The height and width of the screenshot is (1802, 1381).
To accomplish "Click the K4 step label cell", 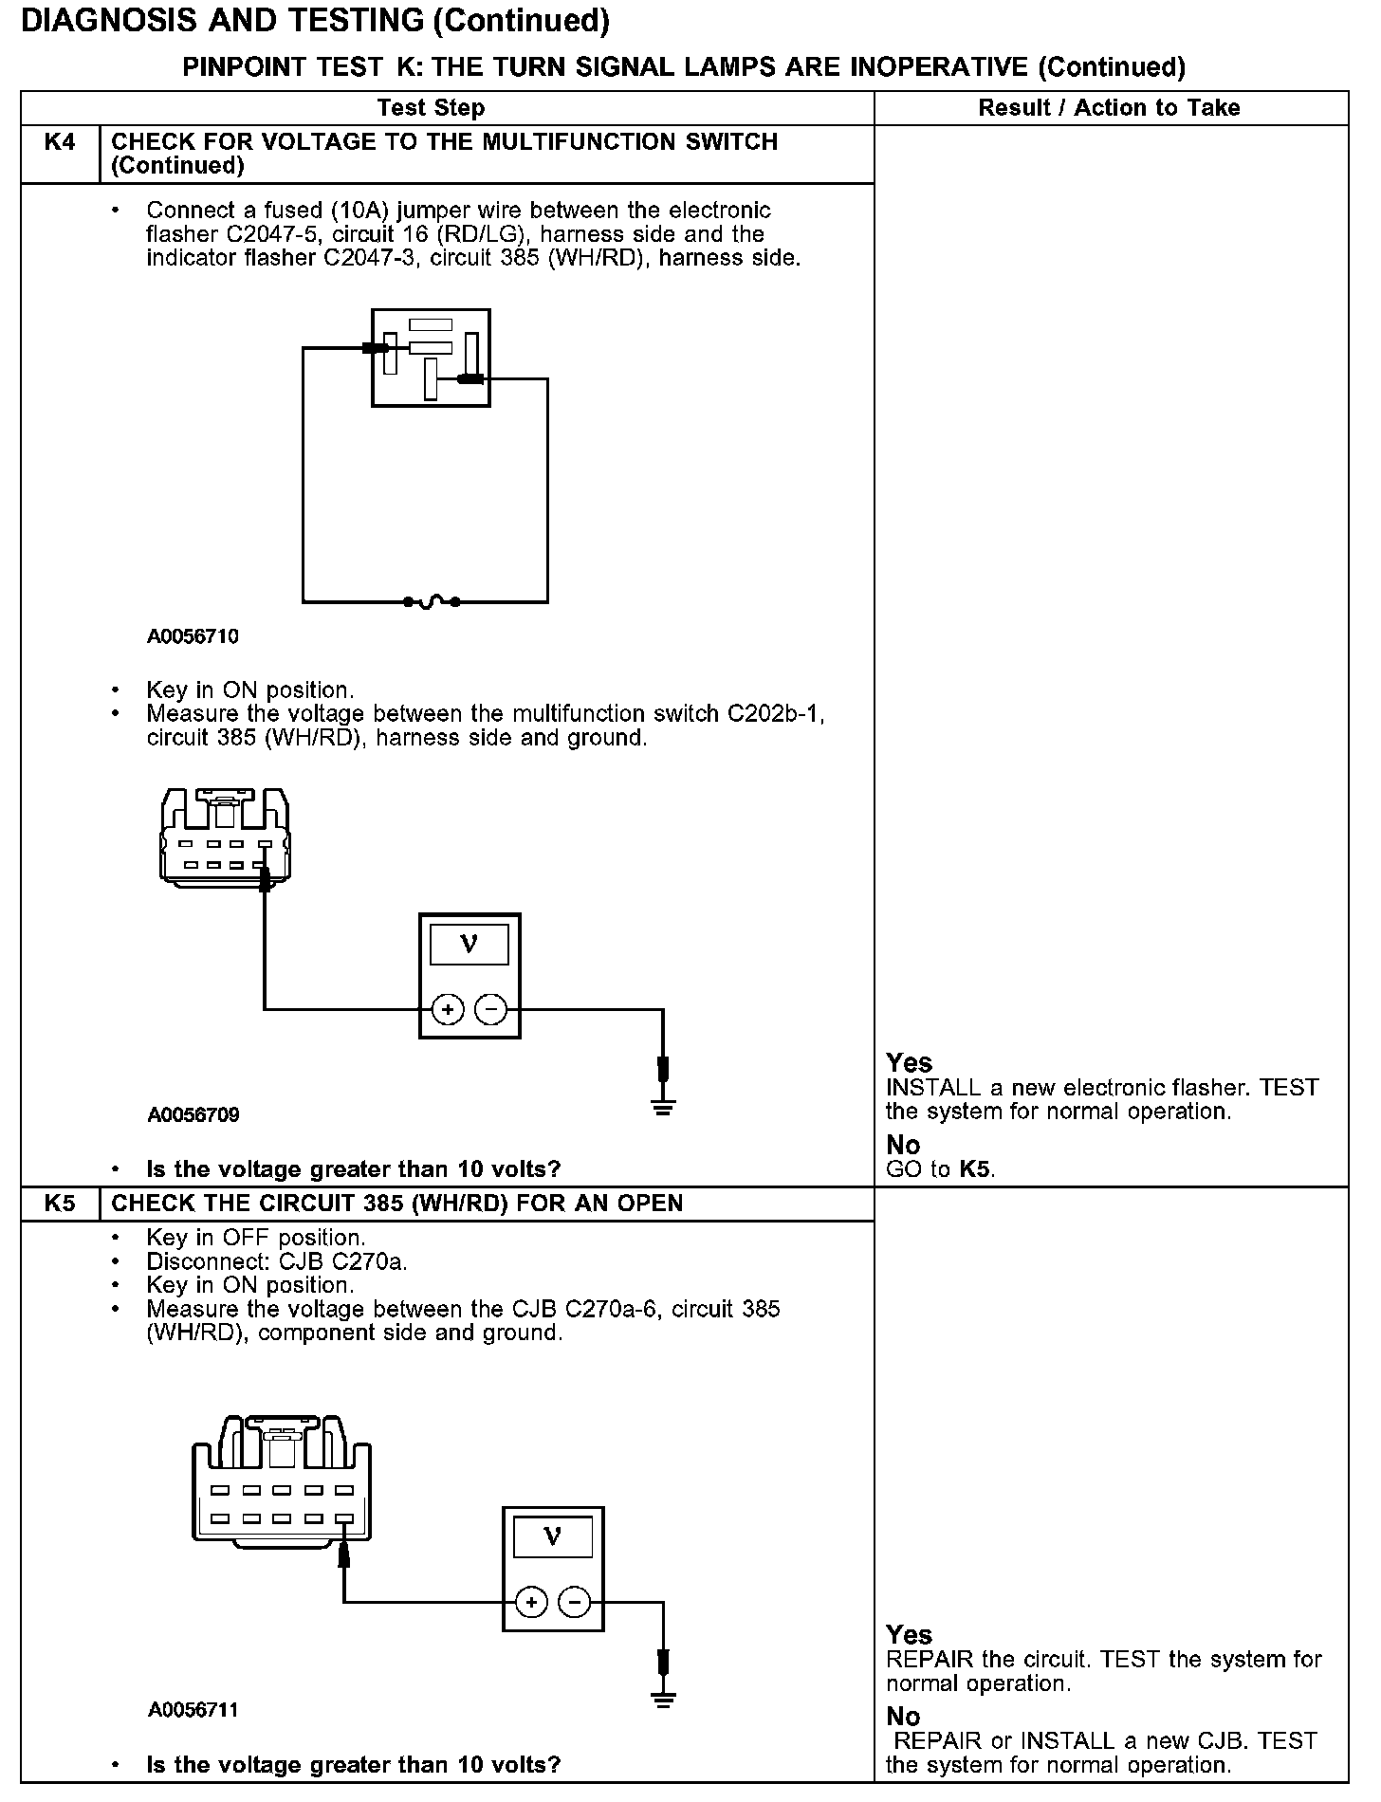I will tap(60, 143).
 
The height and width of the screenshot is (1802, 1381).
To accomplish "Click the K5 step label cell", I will tap(60, 1204).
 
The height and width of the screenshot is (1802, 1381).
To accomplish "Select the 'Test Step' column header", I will tap(431, 108).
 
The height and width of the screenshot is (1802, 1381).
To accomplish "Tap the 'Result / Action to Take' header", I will tap(1109, 108).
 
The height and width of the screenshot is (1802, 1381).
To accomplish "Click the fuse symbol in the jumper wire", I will tap(432, 601).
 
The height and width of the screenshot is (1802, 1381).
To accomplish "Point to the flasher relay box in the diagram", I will tap(431, 358).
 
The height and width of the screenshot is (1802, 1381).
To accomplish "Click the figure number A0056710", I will tap(193, 636).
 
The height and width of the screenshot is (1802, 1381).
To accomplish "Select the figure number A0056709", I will tap(193, 1114).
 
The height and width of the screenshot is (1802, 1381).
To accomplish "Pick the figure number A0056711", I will tap(193, 1710).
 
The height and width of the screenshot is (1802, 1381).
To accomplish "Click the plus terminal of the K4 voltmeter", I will tap(448, 1010).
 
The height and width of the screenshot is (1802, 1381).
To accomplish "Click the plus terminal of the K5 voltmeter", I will tap(531, 1603).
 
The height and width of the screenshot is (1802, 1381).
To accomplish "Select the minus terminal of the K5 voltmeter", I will tap(575, 1603).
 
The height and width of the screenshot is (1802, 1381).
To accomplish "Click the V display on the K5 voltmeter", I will tap(552, 1536).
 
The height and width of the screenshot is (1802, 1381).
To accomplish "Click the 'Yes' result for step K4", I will tap(909, 1062).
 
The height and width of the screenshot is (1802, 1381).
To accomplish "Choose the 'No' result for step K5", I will tap(903, 1717).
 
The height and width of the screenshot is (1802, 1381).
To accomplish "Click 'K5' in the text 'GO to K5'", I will tap(976, 1169).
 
